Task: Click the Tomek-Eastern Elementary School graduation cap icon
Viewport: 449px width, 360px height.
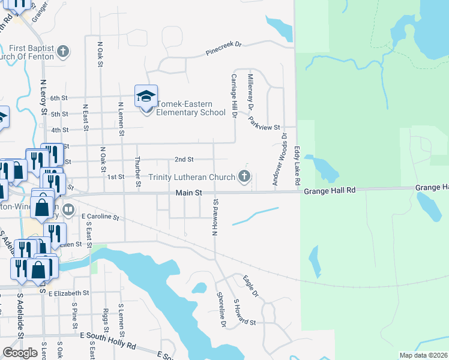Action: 146,96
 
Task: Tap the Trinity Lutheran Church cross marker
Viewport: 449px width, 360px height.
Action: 244,176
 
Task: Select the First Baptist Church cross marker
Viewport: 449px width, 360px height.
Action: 64,52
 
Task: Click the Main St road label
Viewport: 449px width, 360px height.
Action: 188,193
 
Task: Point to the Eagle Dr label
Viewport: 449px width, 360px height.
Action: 250,286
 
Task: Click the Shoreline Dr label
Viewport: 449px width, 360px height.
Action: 221,310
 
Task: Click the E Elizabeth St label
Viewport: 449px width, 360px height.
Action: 68,293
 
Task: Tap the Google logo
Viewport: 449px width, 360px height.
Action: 20,353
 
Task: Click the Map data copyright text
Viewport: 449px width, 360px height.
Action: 424,355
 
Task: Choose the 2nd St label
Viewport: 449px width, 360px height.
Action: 184,160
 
